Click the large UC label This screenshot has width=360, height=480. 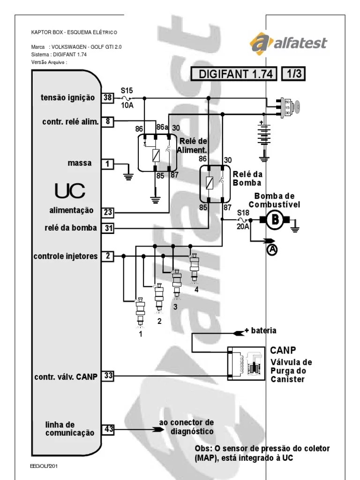click(x=70, y=190)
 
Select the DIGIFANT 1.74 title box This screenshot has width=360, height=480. click(x=233, y=74)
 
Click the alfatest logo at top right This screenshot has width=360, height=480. click(x=288, y=44)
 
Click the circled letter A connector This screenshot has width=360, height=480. click(x=272, y=250)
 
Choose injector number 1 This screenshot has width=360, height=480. click(x=140, y=312)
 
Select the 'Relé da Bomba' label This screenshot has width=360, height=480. click(x=247, y=178)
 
